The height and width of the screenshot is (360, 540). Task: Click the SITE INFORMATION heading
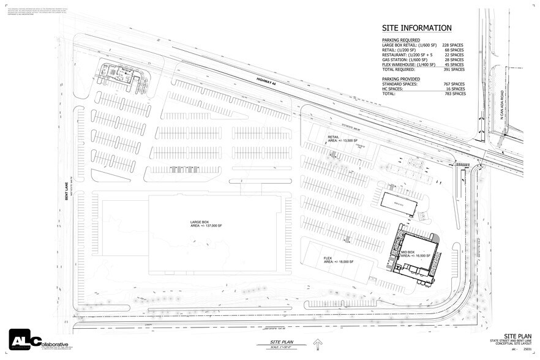click(417, 28)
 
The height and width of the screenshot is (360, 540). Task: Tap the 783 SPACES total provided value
click(453, 94)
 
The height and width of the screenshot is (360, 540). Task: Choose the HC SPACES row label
click(396, 89)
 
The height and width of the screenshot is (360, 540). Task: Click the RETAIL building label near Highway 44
click(334, 137)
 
